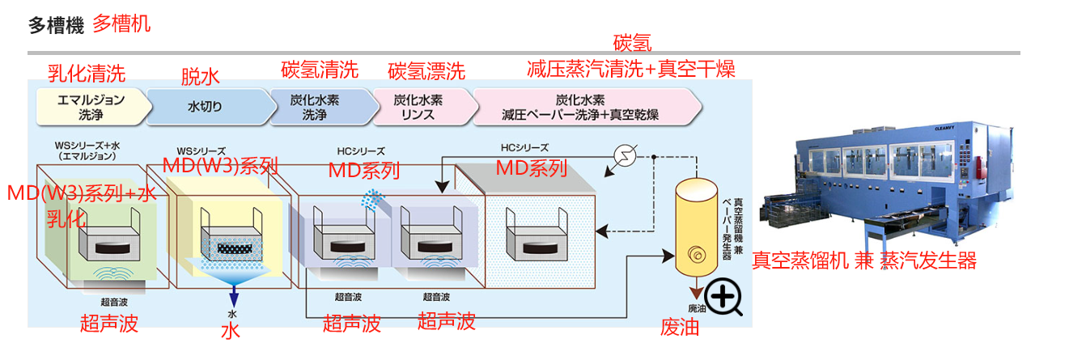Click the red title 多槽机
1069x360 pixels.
coord(121,23)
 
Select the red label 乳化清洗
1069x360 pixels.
coord(87,74)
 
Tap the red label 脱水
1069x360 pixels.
coord(200,77)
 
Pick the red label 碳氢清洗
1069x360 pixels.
coord(319,70)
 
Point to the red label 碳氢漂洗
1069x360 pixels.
coord(426,71)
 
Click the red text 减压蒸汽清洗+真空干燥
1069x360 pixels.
coord(630,68)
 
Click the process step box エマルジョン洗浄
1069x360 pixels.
coord(91,107)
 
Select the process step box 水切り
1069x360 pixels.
coord(206,107)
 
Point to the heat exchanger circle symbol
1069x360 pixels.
coord(626,155)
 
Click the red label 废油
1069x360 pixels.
coord(680,328)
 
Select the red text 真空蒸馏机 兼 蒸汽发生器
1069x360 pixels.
coord(863,260)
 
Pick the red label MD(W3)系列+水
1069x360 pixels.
coord(81,194)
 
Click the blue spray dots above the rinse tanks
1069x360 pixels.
coord(372,198)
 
